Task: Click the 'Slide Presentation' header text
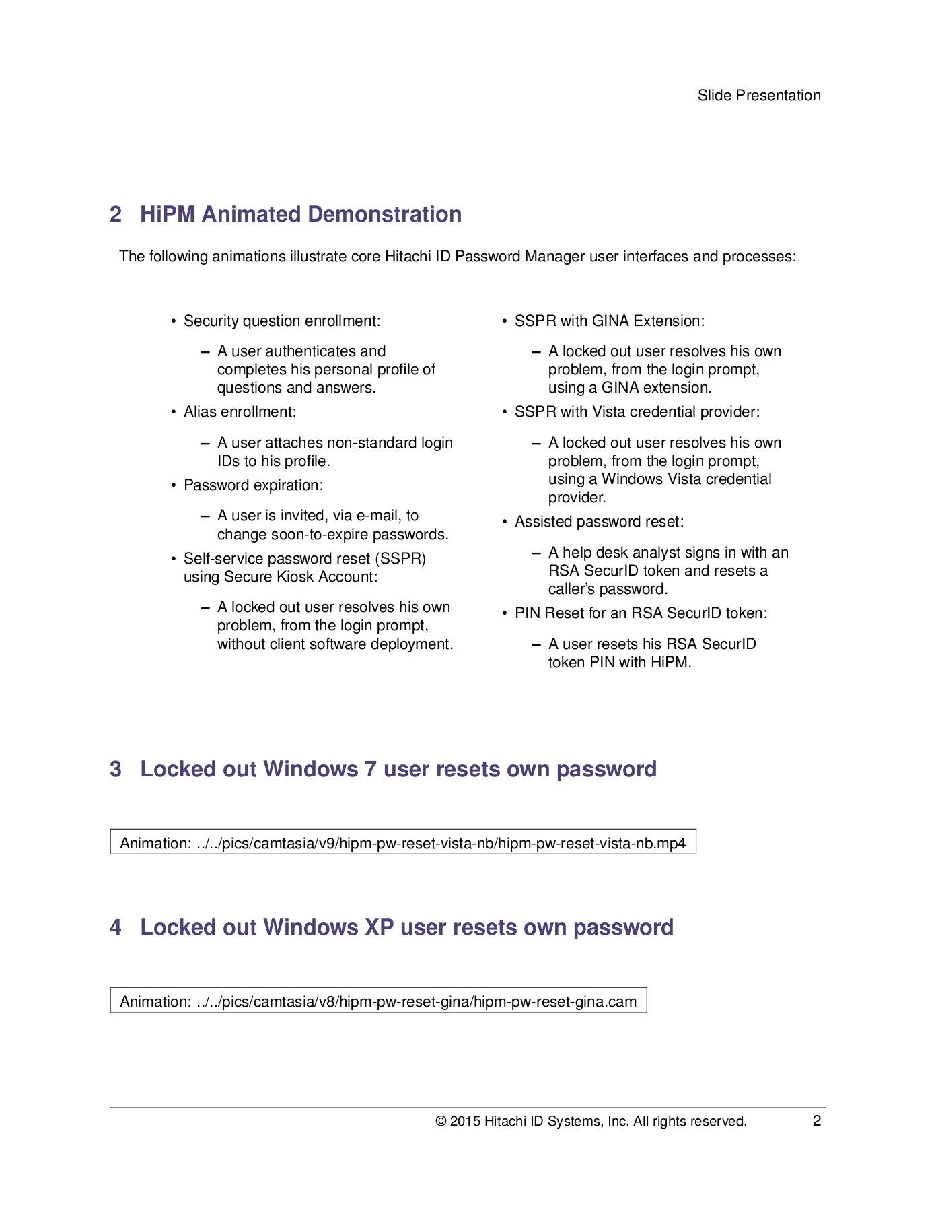758,96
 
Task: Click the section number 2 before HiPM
116,214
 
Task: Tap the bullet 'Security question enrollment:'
281,321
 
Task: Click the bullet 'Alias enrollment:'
240,412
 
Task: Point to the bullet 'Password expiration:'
253,485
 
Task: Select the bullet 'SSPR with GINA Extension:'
609,321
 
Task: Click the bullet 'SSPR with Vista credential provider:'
637,412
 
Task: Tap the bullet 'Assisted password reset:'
599,522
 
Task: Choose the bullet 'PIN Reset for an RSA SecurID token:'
641,613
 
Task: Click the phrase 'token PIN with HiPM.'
619,663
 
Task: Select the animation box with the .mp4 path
402,843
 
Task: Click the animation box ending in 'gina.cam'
377,1001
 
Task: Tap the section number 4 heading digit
116,927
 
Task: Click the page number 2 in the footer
816,1121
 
